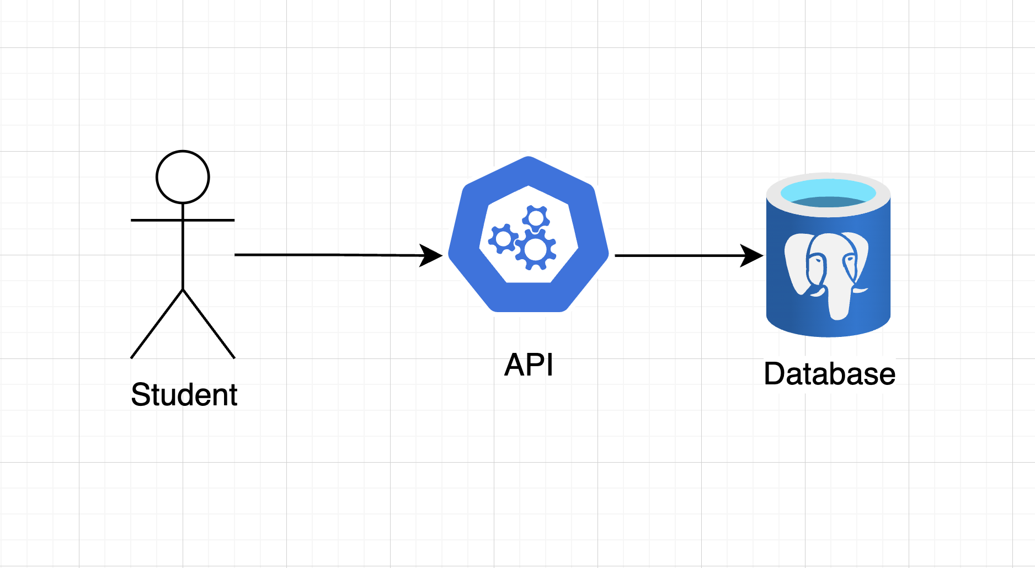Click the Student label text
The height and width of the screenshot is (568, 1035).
[x=184, y=395]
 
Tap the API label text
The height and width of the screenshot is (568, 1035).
[x=529, y=365]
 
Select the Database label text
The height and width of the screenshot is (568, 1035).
[x=829, y=374]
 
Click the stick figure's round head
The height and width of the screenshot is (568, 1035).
[x=183, y=177]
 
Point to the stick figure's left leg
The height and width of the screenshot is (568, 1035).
[x=157, y=324]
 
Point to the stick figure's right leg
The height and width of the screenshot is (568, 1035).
[x=209, y=324]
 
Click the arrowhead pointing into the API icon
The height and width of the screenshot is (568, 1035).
[x=431, y=255]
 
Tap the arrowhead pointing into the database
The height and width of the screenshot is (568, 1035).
[x=752, y=255]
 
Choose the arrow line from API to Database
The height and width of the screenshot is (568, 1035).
[x=679, y=255]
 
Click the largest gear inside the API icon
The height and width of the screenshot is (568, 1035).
[x=535, y=249]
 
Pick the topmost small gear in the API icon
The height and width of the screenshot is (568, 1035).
[x=536, y=218]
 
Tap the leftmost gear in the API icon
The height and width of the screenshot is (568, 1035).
[x=503, y=239]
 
